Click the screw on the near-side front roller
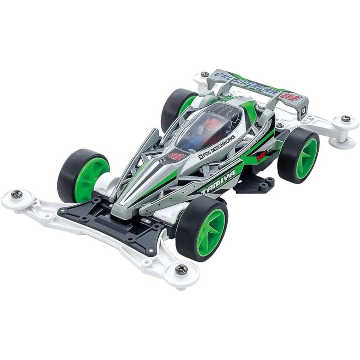click(181, 269)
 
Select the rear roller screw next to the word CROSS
click(205, 74)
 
